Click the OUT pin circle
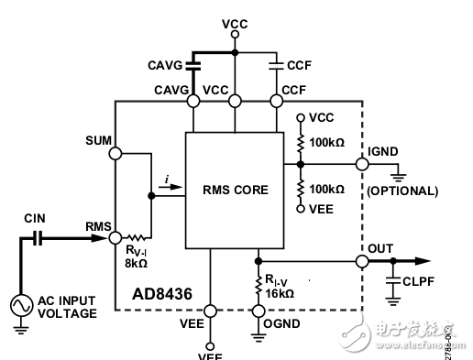tap(362, 260)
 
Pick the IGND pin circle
tap(362, 165)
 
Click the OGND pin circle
tap(258, 310)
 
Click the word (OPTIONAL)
tap(402, 191)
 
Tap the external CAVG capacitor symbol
tap(192, 64)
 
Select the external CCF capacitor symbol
tap(276, 64)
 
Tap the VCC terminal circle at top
tap(235, 34)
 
